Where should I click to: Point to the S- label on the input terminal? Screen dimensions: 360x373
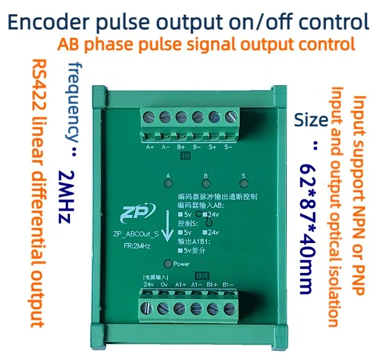[228, 146]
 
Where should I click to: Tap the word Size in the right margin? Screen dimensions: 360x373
[311, 119]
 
